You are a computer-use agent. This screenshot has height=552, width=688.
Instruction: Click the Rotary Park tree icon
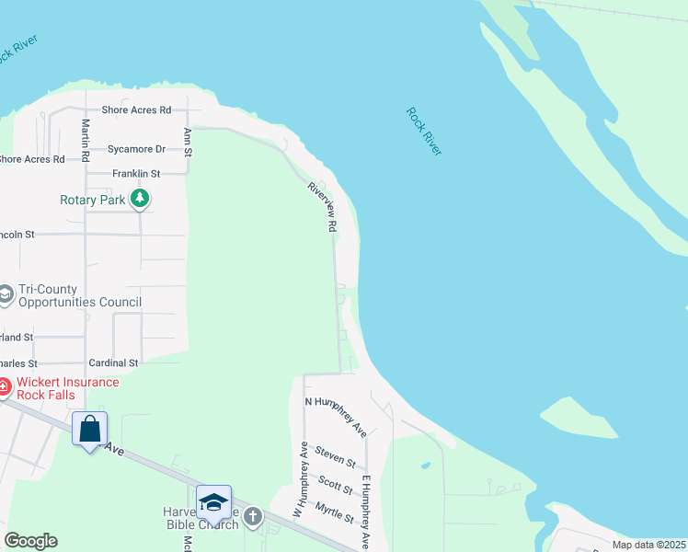[x=140, y=198]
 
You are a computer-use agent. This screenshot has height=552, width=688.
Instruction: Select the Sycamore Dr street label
[x=136, y=149]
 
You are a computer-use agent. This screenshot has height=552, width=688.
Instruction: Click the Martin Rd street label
[x=86, y=136]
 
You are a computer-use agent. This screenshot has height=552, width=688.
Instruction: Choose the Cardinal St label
[x=113, y=363]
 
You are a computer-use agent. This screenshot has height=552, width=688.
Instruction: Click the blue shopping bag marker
[x=89, y=429]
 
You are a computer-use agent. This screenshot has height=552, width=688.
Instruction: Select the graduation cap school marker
[x=213, y=502]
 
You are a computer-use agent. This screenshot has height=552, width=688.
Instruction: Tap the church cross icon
[x=253, y=516]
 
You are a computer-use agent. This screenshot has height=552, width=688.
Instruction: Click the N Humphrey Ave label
[x=337, y=416]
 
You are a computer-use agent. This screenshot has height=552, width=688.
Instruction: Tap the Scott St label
[x=336, y=484]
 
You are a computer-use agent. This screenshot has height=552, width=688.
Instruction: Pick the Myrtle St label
[x=334, y=512]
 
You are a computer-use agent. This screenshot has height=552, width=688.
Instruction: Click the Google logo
[x=30, y=541]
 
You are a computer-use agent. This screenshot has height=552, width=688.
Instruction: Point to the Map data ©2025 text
[x=648, y=545]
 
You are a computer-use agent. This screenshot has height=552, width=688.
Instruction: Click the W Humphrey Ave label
[x=300, y=478]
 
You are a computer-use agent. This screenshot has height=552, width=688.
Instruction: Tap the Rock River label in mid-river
[x=424, y=131]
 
